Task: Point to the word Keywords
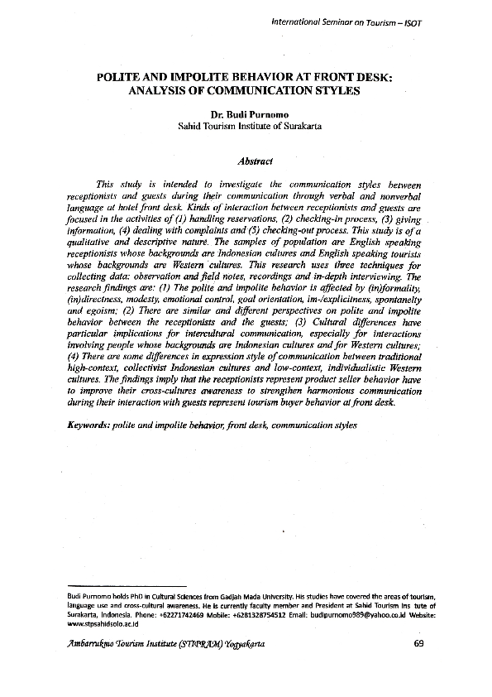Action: tap(88, 424)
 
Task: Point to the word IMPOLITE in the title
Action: tap(178, 77)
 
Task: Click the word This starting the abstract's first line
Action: tap(106, 184)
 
